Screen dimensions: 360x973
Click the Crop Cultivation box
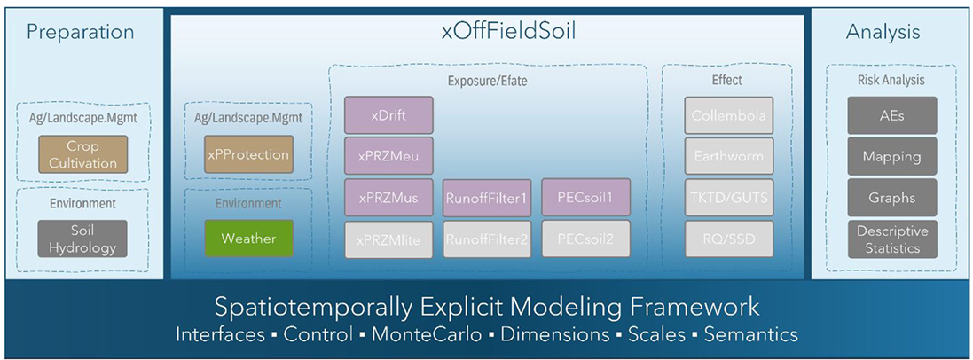point(83,154)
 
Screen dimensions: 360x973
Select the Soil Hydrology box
point(83,239)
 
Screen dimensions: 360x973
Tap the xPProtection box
point(247,153)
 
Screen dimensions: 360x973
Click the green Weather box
point(247,239)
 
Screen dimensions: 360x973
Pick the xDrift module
point(388,115)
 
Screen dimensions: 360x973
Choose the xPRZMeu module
point(388,156)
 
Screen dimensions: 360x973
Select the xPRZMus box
point(388,197)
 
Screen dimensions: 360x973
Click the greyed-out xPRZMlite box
point(388,239)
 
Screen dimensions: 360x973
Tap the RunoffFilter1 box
point(487,198)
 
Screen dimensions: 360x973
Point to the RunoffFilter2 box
point(487,239)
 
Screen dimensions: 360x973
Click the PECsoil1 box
point(585,197)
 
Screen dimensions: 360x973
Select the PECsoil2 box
point(585,239)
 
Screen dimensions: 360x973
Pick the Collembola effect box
point(729,115)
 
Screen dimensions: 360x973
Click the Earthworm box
point(729,156)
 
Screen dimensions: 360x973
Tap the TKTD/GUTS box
point(729,197)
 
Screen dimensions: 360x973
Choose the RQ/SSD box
point(729,239)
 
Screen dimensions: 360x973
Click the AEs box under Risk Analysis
point(891,115)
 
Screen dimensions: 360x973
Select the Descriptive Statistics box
point(891,239)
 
